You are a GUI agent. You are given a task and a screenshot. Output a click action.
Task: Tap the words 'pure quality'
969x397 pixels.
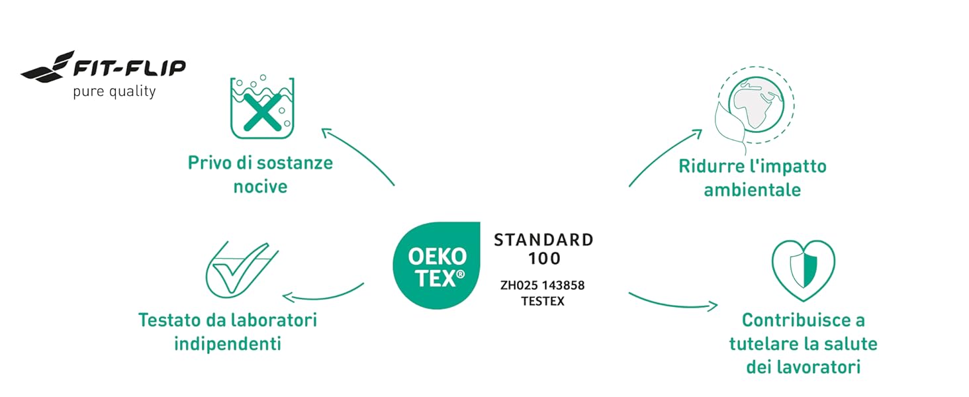(115, 92)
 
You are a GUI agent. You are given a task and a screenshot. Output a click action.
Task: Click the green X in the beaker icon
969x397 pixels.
(263, 112)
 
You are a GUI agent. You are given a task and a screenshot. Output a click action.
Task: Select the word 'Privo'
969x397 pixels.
(209, 163)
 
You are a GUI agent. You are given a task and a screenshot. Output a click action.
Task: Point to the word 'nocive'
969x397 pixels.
(260, 187)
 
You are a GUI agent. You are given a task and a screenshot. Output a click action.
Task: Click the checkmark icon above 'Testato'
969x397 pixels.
(242, 270)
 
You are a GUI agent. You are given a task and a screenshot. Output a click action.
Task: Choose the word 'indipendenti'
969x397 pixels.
(228, 344)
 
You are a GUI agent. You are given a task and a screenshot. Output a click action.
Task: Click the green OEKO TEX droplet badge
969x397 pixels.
(436, 265)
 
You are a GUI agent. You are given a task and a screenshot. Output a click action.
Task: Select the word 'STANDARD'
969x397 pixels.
(544, 240)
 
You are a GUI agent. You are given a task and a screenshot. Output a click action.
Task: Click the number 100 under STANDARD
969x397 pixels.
(544, 259)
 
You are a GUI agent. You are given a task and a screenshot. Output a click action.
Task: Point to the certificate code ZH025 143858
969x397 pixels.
(543, 285)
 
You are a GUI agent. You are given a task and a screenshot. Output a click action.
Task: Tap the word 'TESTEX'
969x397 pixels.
(543, 302)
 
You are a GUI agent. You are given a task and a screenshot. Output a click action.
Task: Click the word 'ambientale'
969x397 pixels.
(753, 190)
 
